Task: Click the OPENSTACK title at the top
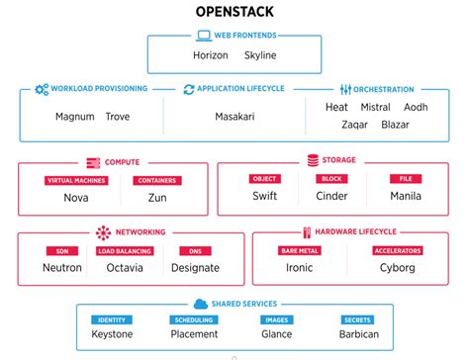pyautogui.click(x=234, y=14)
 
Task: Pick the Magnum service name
pyautogui.click(x=75, y=117)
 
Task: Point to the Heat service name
pyautogui.click(x=337, y=107)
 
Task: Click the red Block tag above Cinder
pyautogui.click(x=331, y=179)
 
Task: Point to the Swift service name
pyautogui.click(x=265, y=196)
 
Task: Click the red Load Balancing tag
pyautogui.click(x=124, y=251)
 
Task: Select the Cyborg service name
pyautogui.click(x=397, y=268)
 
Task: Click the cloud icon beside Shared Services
pyautogui.click(x=200, y=304)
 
